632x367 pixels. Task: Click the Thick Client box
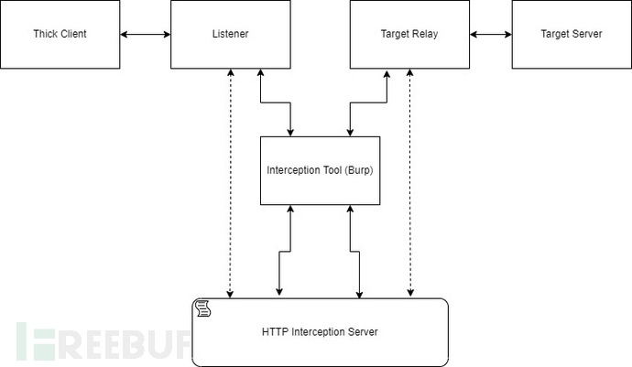pos(61,35)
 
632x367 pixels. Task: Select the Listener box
pos(224,35)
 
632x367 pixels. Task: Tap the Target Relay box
pos(409,35)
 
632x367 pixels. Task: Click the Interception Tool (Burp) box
pos(320,170)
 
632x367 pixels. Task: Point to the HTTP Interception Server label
pos(321,331)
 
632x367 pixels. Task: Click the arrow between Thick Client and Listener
pos(146,35)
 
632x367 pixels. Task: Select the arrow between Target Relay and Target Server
pos(490,35)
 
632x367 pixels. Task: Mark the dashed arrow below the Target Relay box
pos(409,183)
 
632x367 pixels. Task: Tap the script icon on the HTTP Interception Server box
pos(202,308)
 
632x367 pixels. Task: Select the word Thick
pos(46,35)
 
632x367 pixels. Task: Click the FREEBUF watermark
pos(101,341)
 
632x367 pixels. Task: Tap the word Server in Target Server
pos(587,35)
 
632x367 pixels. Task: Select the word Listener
pos(224,35)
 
